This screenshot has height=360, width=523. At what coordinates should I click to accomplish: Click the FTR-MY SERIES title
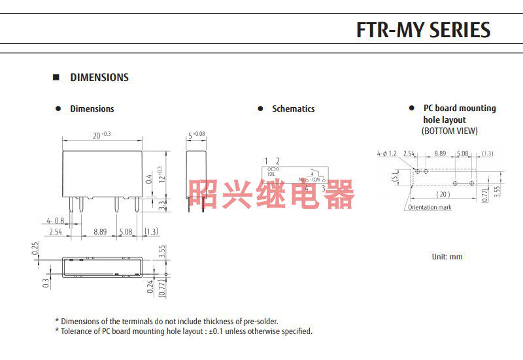pyautogui.click(x=422, y=29)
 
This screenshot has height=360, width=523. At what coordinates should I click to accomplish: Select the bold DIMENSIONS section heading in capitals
pyautogui.click(x=99, y=77)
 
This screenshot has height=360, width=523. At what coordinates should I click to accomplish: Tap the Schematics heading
pyautogui.click(x=293, y=108)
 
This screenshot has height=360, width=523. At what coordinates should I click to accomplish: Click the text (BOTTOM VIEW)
pyautogui.click(x=449, y=131)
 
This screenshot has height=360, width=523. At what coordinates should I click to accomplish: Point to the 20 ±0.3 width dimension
pyautogui.click(x=101, y=135)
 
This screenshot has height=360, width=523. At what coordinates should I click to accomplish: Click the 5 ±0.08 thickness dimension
pyautogui.click(x=196, y=135)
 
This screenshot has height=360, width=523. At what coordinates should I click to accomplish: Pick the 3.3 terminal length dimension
pyautogui.click(x=159, y=205)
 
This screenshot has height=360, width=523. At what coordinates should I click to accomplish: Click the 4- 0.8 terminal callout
pyautogui.click(x=55, y=220)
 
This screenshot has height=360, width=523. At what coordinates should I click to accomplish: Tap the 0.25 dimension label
pyautogui.click(x=35, y=250)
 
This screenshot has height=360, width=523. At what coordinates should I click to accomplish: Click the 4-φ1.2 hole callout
pyautogui.click(x=386, y=154)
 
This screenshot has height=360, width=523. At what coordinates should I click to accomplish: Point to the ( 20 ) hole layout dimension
pyautogui.click(x=444, y=194)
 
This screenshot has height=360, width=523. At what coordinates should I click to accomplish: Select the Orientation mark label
pyautogui.click(x=430, y=207)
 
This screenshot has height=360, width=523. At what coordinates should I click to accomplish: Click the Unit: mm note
pyautogui.click(x=447, y=257)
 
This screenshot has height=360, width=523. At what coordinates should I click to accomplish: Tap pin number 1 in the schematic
pyautogui.click(x=267, y=161)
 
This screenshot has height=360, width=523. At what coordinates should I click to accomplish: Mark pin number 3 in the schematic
pyautogui.click(x=323, y=188)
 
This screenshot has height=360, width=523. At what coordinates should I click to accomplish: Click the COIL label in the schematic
pyautogui.click(x=271, y=174)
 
